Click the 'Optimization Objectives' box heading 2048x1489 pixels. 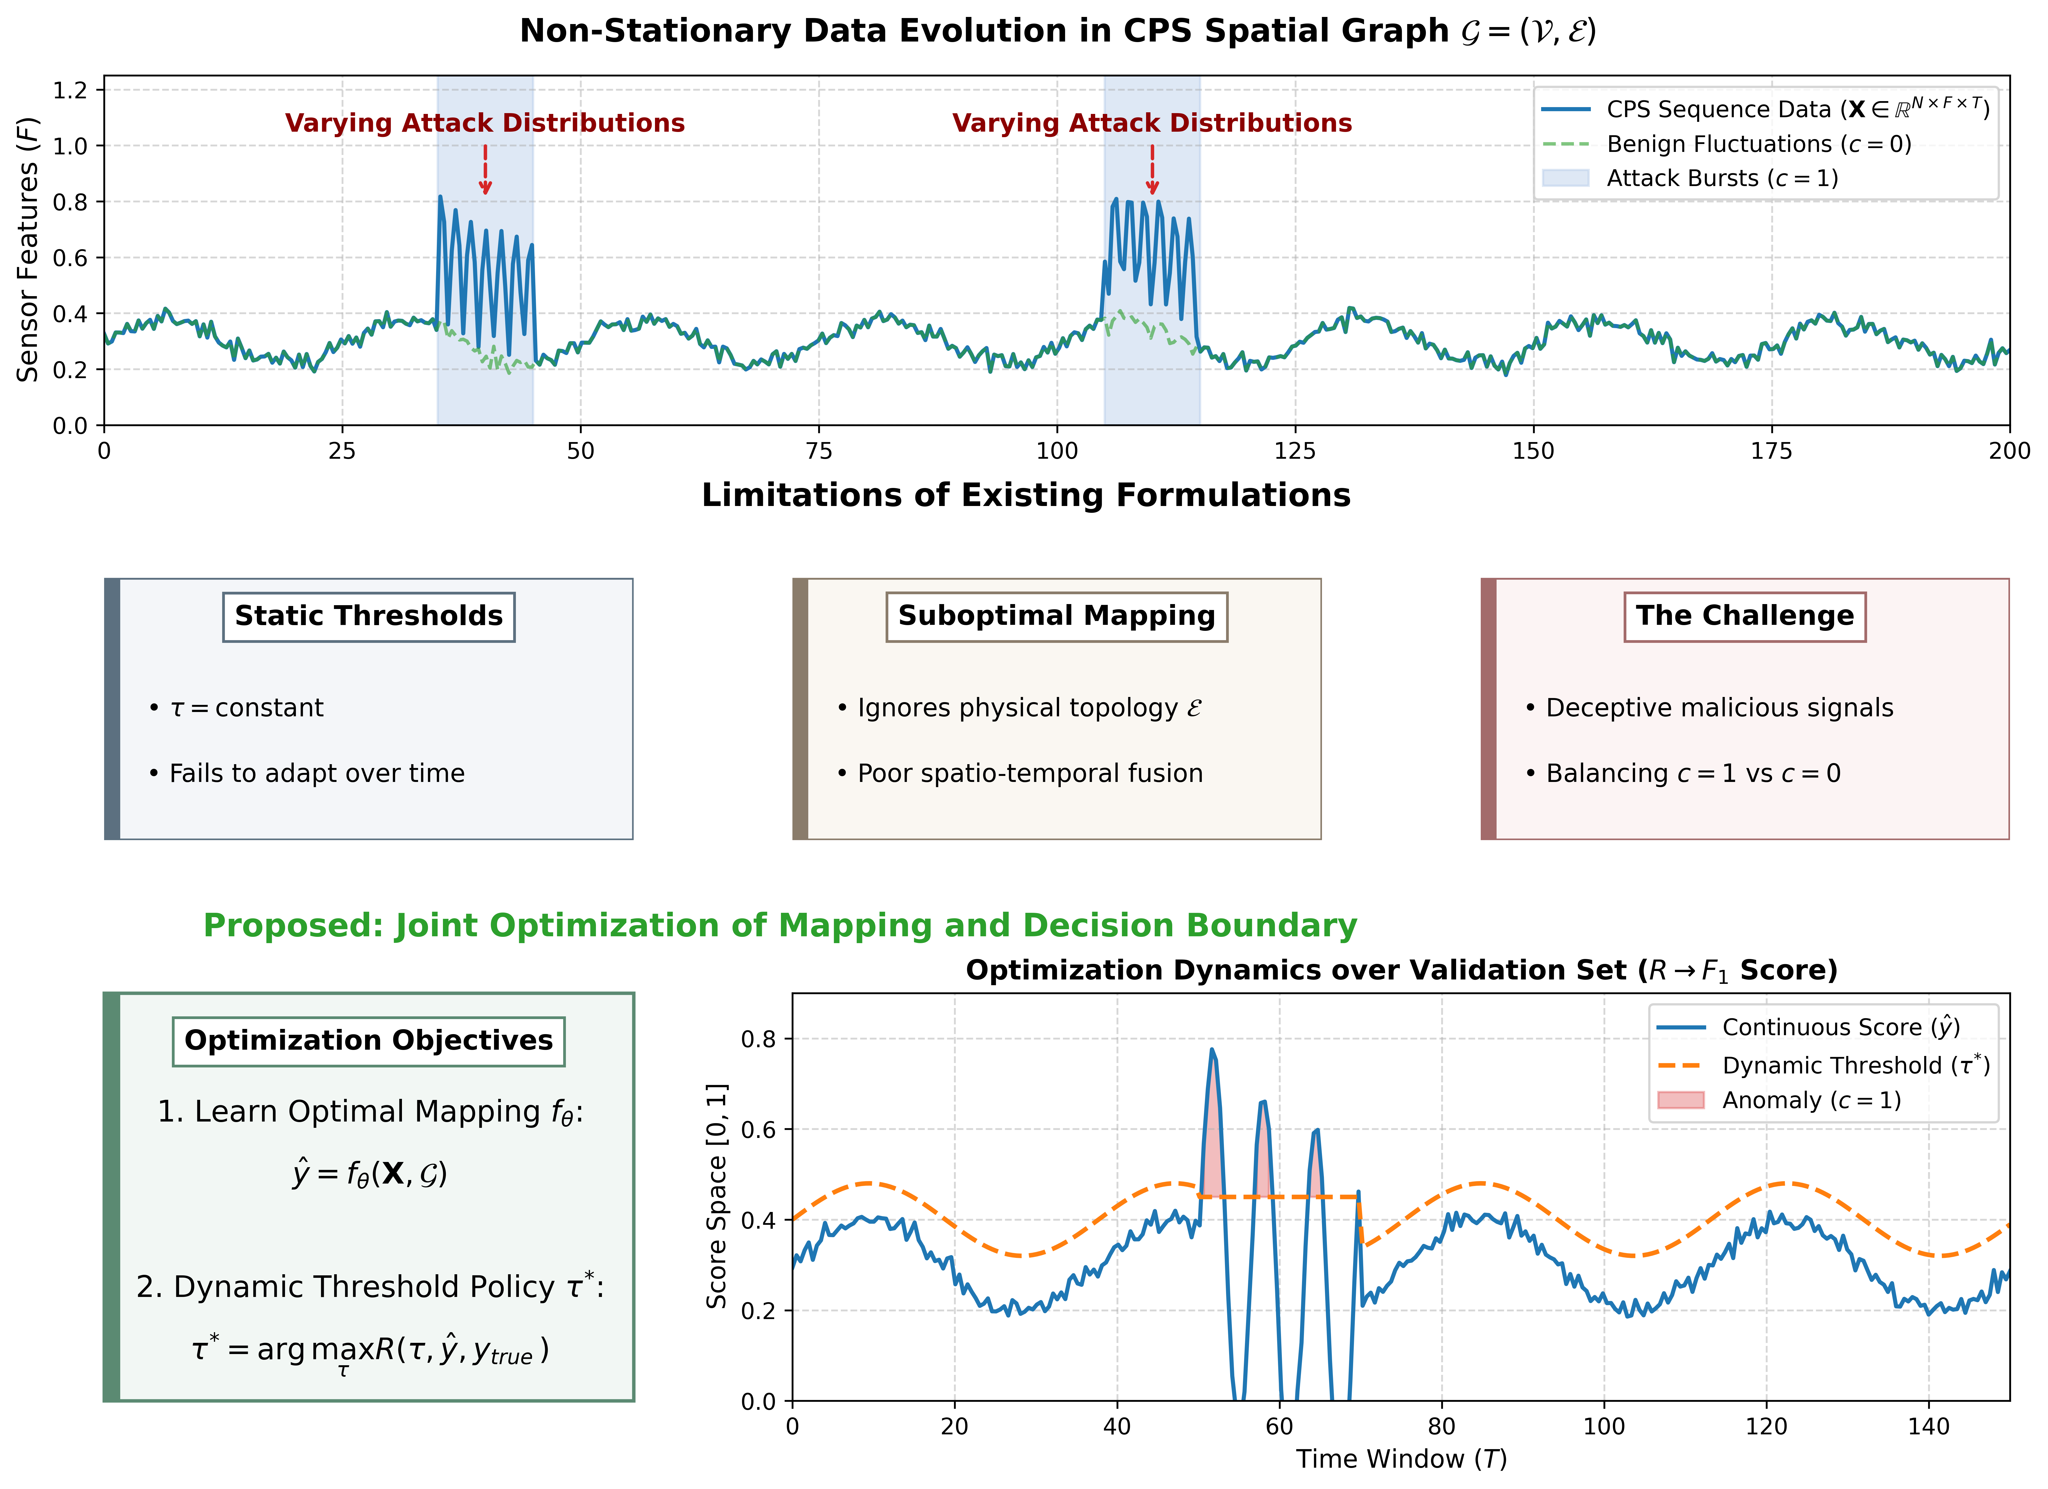pyautogui.click(x=368, y=1041)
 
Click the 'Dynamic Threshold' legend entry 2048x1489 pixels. pyautogui.click(x=1824, y=1066)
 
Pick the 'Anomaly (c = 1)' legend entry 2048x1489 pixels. pyautogui.click(x=1779, y=1101)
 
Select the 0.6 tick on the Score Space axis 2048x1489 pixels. pyautogui.click(x=759, y=1130)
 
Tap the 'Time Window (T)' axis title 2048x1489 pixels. pyautogui.click(x=1401, y=1460)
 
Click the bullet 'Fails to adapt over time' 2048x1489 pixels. pyautogui.click(x=307, y=774)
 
